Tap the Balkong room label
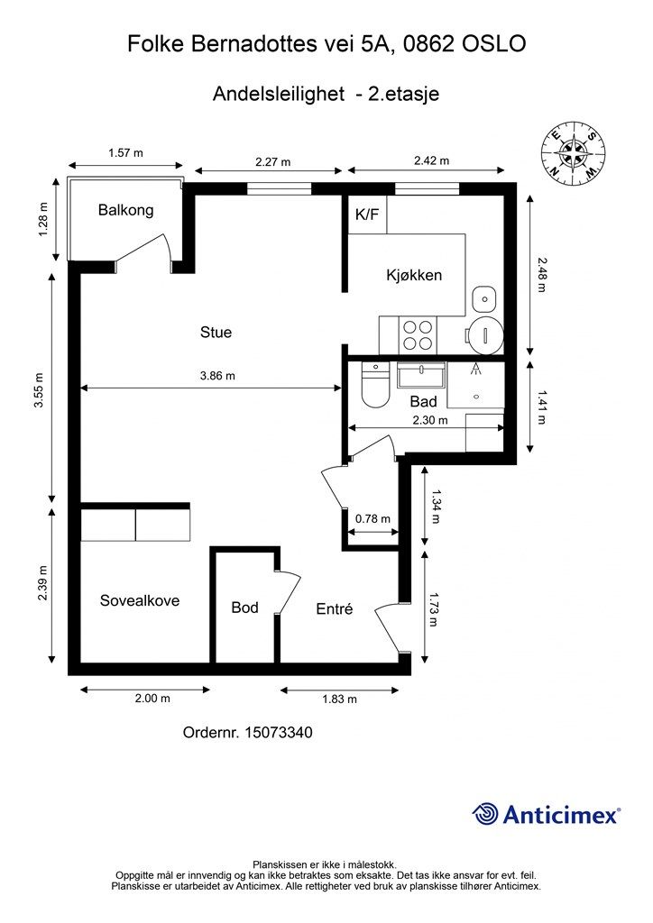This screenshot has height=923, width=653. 126,210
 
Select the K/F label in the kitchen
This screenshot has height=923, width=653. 367,215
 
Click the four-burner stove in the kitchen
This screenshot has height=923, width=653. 417,335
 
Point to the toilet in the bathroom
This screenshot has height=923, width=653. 374,385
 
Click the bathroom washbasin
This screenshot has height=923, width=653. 421,374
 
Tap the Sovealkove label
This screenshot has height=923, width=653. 140,600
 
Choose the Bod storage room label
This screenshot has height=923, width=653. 244,607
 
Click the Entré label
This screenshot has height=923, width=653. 335,608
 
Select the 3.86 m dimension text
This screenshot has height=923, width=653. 218,376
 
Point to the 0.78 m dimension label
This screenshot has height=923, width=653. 372,518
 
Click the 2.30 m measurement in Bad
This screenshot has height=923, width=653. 430,420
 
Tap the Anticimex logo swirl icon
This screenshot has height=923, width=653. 485,814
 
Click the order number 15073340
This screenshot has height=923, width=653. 279,732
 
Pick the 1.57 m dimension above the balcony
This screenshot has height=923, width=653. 125,153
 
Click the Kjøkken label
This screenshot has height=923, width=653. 414,275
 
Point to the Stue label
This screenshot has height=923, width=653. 216,332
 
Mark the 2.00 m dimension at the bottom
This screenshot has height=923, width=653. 152,699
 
